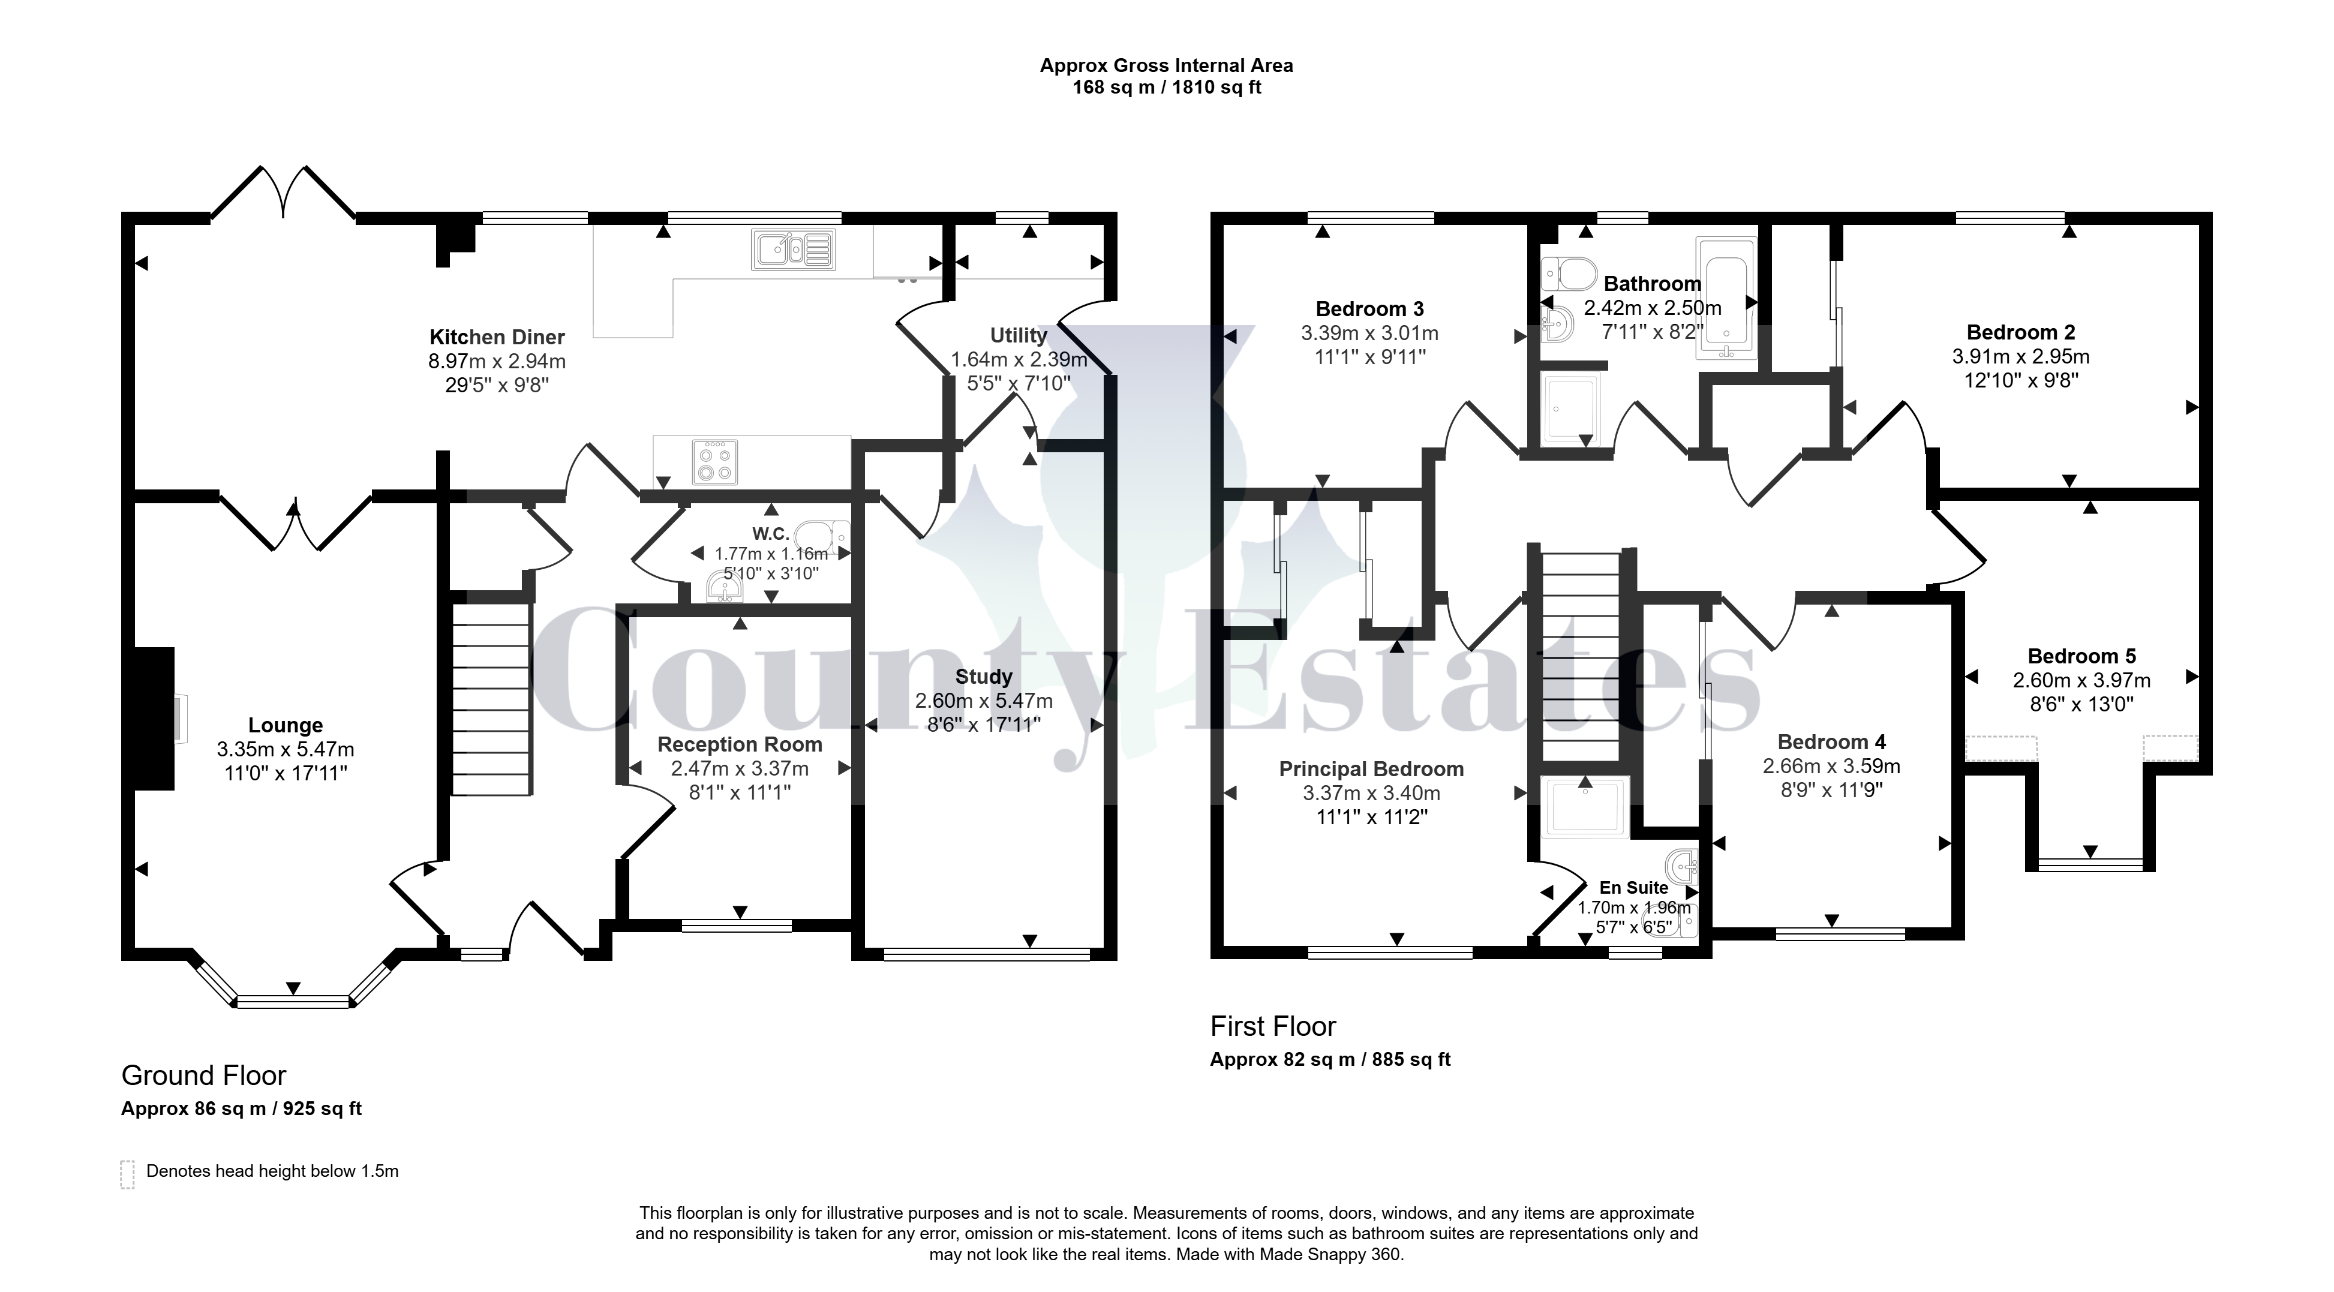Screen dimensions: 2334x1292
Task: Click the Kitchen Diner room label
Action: coord(497,337)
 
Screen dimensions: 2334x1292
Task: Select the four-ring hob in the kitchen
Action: coord(716,461)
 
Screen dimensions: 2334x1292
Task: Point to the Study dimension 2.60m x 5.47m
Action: coord(984,701)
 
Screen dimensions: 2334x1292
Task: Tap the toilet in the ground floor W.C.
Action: coord(827,538)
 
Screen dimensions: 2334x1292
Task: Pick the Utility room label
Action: coord(1019,335)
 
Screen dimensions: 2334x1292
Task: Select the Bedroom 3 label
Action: coord(1370,309)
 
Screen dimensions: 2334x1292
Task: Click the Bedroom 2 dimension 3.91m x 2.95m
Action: coord(2020,356)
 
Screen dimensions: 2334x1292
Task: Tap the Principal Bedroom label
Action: coord(1371,769)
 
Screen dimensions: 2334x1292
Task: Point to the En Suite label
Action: coord(1633,888)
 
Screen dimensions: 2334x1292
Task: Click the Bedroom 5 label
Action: coord(2081,656)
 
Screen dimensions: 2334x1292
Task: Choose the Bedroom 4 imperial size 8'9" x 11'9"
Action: coord(1831,790)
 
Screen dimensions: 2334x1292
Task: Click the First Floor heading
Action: coord(1273,1026)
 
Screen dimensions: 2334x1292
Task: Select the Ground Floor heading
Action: coord(204,1075)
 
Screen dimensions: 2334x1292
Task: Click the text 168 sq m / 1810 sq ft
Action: coord(1167,88)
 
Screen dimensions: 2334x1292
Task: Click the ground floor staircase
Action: coord(490,699)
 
